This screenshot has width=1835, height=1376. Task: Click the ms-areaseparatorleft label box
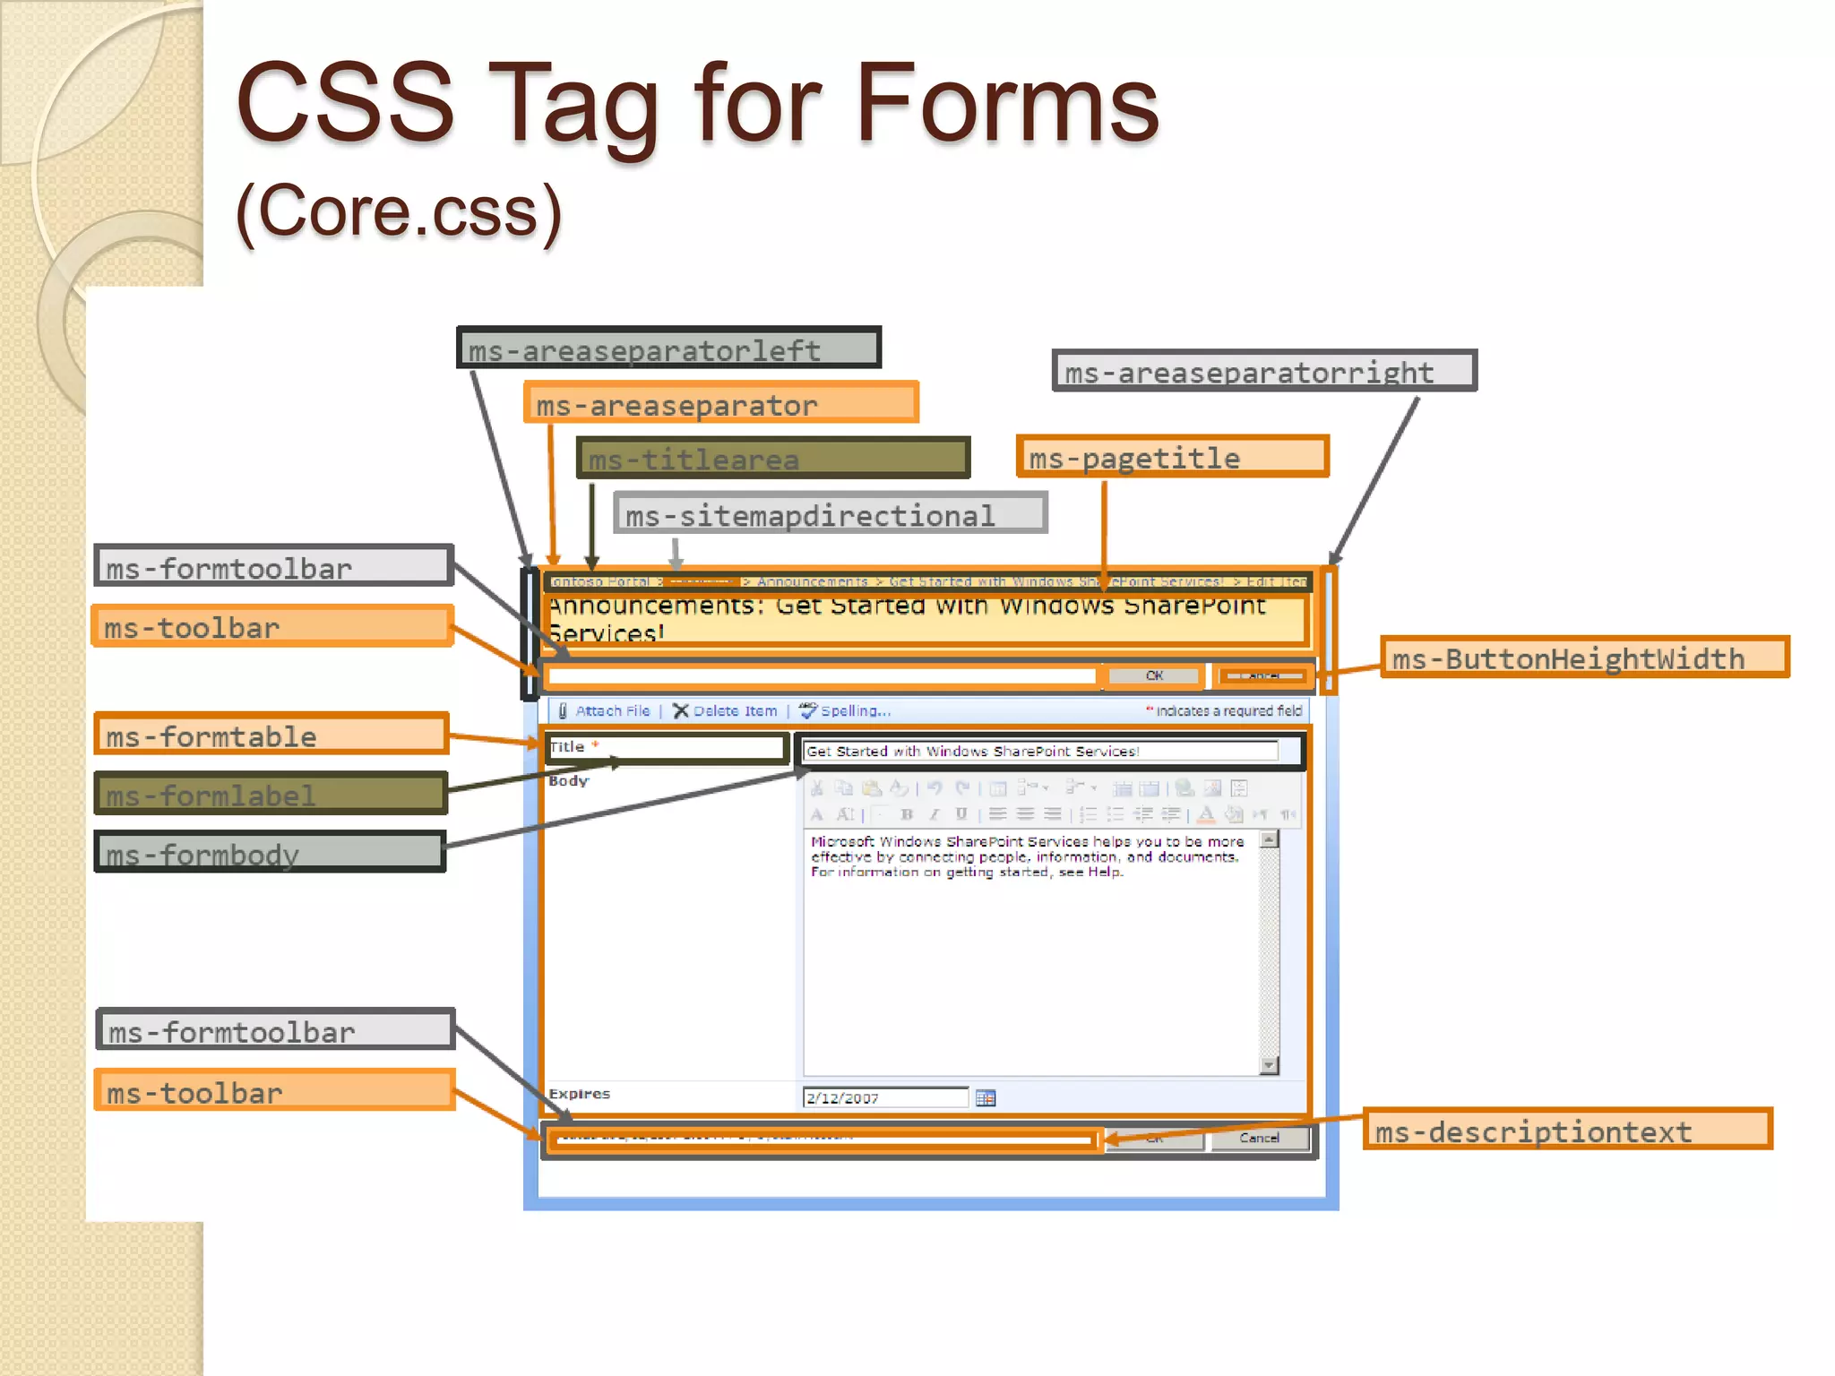pos(668,348)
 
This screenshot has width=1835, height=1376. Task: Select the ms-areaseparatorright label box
pos(1263,370)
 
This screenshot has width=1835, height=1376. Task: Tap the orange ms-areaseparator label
pos(721,402)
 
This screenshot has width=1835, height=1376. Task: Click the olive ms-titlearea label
pos(773,458)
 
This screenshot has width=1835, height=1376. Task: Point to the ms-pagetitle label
pos(1172,457)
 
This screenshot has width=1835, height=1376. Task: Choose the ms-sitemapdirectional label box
pos(830,513)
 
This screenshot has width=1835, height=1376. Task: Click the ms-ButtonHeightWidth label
pos(1584,658)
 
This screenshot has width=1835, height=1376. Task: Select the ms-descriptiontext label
pos(1567,1130)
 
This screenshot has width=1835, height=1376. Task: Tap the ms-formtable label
pos(271,735)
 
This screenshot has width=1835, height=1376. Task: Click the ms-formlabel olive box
pos(271,794)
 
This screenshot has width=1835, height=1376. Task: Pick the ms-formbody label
pos(271,852)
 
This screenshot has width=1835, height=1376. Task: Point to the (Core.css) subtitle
pos(399,211)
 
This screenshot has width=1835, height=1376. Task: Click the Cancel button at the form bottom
pos(1259,1138)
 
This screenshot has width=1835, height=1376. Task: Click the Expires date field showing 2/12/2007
pos(884,1097)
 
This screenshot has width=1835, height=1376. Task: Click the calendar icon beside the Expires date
pos(986,1097)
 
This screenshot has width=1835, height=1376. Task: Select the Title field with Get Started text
pos(1039,751)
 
